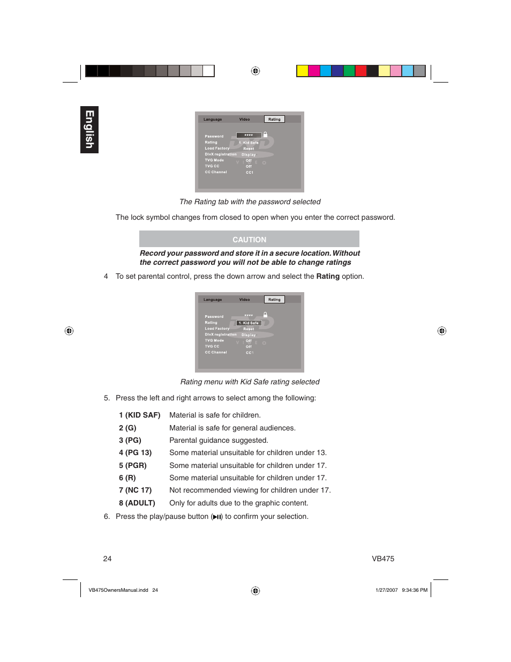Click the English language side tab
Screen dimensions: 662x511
[x=89, y=130]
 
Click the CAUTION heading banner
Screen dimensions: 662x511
[x=249, y=239]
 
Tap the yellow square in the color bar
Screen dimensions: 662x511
[x=303, y=71]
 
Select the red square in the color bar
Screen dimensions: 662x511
[x=361, y=71]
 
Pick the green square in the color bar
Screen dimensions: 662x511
[x=349, y=71]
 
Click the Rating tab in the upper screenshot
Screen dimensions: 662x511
[x=274, y=119]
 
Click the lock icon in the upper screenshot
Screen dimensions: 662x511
[x=265, y=135]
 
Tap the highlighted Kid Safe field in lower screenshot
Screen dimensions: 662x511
[x=249, y=323]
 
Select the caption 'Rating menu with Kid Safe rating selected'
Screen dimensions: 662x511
[x=250, y=382]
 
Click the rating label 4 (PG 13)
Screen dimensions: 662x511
[x=135, y=452]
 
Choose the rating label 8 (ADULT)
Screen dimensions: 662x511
[x=137, y=503]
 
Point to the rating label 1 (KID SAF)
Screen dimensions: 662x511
[x=139, y=415]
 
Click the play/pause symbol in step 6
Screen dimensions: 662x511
[x=217, y=517]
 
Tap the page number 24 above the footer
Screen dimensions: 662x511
[x=107, y=559]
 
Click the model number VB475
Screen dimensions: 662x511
[x=383, y=559]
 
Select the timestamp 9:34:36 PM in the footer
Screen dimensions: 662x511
[x=415, y=590]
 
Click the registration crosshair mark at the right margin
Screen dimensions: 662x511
[x=441, y=331]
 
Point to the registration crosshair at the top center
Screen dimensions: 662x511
[x=255, y=71]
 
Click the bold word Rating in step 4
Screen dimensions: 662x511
[x=328, y=276]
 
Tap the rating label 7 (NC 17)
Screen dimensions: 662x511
[x=135, y=490]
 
